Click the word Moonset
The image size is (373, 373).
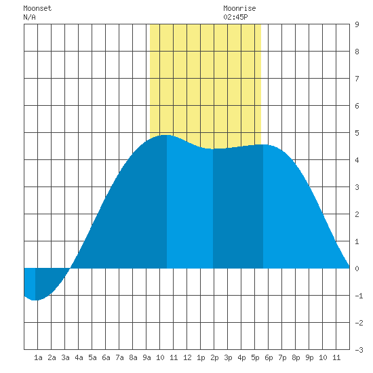pos(37,8)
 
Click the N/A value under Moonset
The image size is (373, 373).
pos(29,17)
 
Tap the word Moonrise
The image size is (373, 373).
pos(239,8)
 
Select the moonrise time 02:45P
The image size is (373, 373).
pos(235,17)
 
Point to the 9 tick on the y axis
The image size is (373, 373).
pos(357,24)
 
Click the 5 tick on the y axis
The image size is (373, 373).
pos(357,133)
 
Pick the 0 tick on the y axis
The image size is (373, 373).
pos(357,269)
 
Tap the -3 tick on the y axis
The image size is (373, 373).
pos(359,350)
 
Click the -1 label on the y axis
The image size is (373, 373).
pos(359,296)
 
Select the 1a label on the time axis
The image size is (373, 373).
pos(38,357)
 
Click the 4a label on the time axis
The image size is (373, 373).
pos(79,357)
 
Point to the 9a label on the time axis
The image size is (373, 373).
pos(146,357)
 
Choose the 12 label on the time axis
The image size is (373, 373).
pos(187,357)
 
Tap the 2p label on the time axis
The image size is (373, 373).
pos(214,358)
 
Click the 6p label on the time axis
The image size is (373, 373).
pos(269,358)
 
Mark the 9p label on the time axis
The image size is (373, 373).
pos(309,358)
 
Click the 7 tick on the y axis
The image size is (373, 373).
pos(357,79)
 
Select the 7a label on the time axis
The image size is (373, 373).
pos(119,357)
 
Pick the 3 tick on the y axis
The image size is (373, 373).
pos(357,187)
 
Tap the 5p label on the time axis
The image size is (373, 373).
pos(255,358)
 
